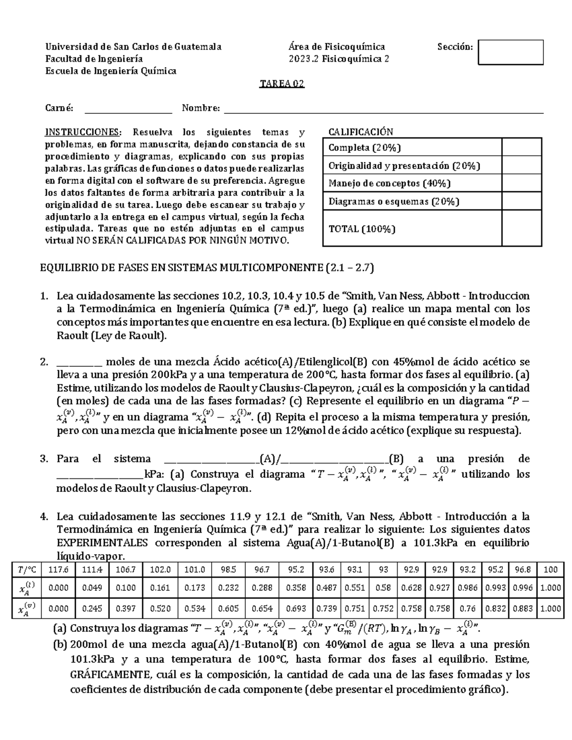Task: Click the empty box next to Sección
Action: [511, 52]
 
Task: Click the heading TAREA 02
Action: [282, 84]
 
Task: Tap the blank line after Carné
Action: [128, 110]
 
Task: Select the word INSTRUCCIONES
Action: [83, 132]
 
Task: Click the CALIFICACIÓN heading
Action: [361, 132]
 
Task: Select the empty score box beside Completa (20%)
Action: [521, 147]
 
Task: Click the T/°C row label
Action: [27, 569]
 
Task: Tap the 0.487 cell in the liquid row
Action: [327, 588]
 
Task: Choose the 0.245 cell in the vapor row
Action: [92, 608]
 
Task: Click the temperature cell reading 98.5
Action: [228, 569]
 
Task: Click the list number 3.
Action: [44, 459]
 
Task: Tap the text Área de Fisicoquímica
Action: [337, 47]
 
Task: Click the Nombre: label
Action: [201, 109]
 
